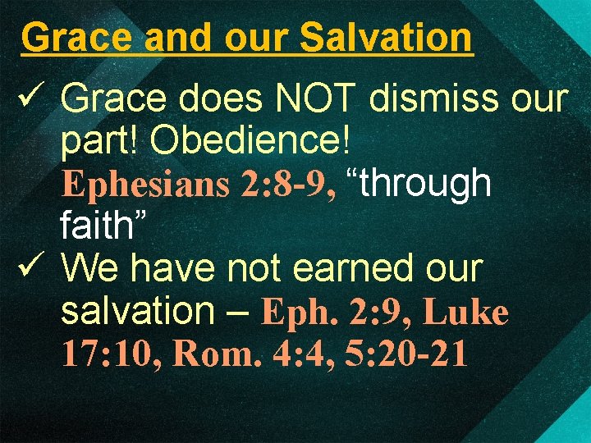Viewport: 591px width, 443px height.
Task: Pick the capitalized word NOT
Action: [319, 100]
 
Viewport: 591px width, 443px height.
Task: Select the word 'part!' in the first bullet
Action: [100, 142]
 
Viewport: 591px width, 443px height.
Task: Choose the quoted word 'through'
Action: [420, 185]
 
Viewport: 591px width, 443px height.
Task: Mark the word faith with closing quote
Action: [104, 226]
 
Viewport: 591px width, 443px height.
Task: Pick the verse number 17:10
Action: [112, 354]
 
